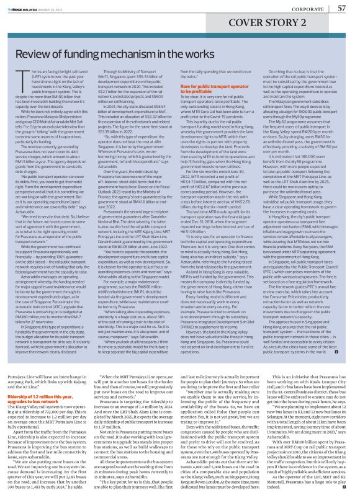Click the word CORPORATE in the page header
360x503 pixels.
pos(302,9)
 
